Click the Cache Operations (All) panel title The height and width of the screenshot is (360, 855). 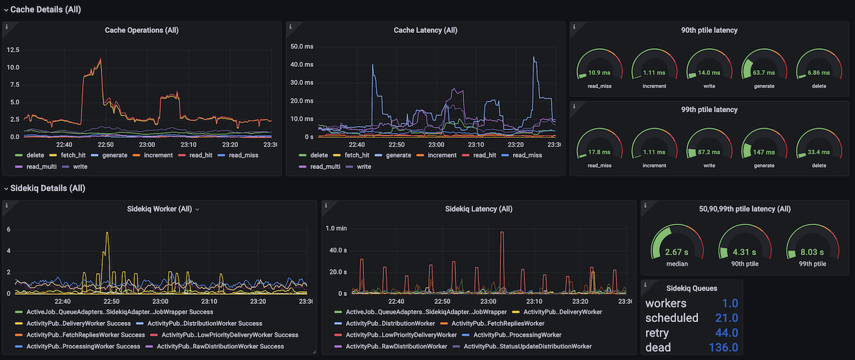(142, 30)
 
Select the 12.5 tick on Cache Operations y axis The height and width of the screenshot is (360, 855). (13, 50)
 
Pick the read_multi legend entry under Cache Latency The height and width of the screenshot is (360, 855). (323, 166)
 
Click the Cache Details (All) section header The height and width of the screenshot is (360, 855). (45, 9)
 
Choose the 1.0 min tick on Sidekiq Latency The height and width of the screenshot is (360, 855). (336, 228)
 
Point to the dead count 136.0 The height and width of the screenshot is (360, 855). (723, 347)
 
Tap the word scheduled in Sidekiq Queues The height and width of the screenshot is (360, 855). (671, 318)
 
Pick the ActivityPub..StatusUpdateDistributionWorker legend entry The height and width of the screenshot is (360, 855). (527, 346)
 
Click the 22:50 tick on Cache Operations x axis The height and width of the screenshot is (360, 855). (106, 144)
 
